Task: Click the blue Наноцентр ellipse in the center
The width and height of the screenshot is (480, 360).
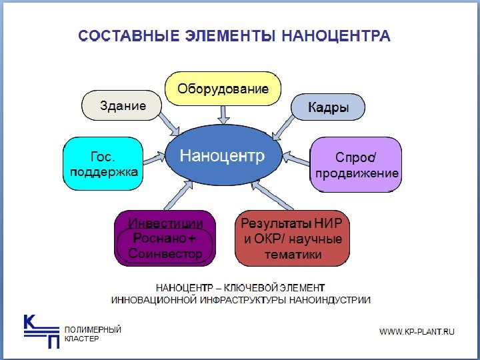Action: tap(223, 157)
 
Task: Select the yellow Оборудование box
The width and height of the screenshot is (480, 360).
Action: tap(223, 89)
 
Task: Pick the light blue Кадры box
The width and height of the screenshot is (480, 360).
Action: tap(329, 107)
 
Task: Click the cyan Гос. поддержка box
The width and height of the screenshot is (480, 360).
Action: tap(103, 164)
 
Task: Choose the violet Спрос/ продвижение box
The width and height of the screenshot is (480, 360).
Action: tap(356, 165)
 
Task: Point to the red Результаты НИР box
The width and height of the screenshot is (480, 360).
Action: tap(292, 238)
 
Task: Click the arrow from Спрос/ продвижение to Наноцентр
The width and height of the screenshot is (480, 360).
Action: tap(295, 159)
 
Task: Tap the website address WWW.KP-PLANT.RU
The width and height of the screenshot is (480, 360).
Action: tap(417, 331)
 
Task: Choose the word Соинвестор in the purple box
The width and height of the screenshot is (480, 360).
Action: tap(165, 254)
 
